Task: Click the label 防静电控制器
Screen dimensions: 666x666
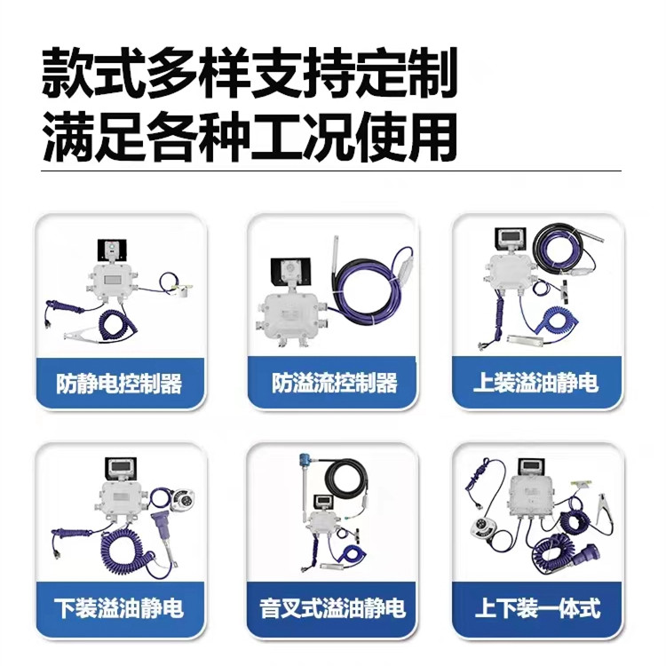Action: coord(119,383)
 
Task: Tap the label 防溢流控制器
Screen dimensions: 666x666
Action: coord(335,383)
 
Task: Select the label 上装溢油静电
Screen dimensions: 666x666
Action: coord(536,382)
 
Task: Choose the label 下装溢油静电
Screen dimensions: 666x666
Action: coord(119,607)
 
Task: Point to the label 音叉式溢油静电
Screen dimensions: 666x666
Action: coord(333,607)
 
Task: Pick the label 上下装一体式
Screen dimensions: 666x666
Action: coord(538,607)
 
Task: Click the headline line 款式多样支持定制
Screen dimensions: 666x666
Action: coord(250,73)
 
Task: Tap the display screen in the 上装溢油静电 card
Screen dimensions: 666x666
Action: coord(510,239)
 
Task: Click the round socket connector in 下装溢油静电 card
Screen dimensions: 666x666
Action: coord(181,500)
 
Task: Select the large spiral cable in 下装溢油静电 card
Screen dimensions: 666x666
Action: coord(127,552)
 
